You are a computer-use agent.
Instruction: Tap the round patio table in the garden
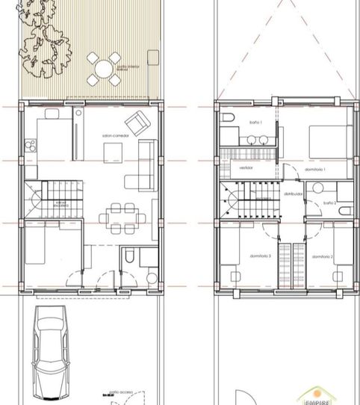102,68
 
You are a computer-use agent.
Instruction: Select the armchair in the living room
136,123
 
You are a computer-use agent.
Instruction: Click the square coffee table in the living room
113,152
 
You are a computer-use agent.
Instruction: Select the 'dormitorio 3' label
241,256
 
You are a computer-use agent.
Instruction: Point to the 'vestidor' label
247,169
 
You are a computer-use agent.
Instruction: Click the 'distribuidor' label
293,193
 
